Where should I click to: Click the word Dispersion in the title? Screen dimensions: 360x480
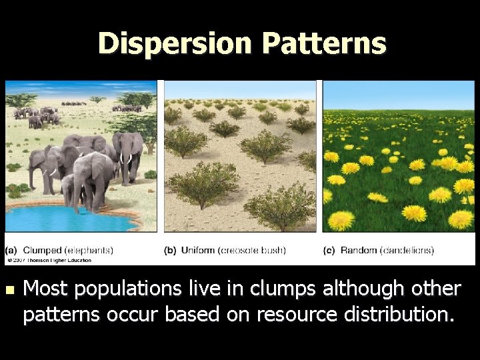tap(175, 43)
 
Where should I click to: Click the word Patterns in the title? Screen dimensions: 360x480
tap(323, 43)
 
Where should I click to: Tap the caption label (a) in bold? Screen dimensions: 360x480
tap(11, 251)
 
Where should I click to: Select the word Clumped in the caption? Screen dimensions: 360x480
tap(40, 251)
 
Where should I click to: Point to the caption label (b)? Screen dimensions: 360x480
tap(170, 251)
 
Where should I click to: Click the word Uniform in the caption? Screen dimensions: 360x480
tap(197, 251)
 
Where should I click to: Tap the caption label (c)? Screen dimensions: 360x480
tap(329, 251)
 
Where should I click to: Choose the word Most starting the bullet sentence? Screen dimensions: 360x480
tap(46, 289)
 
